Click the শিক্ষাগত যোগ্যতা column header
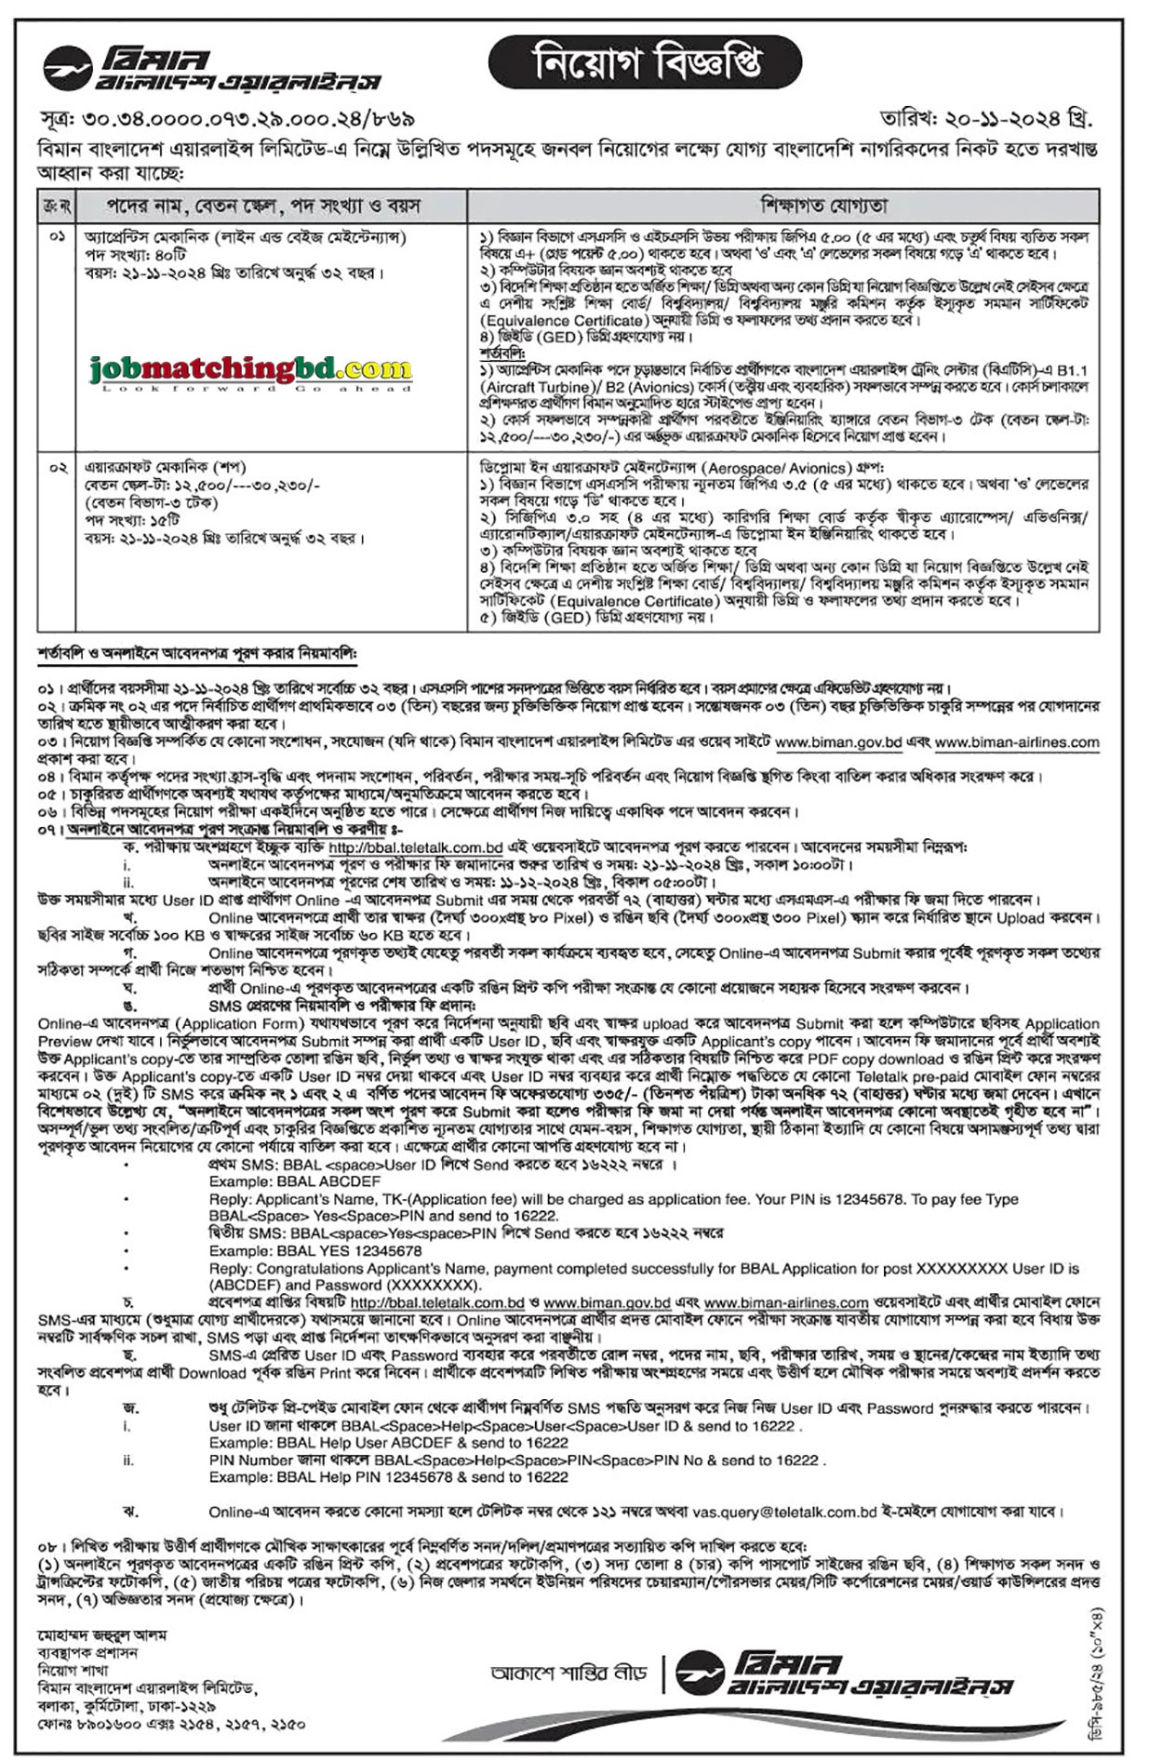[782, 205]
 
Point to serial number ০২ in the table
[57, 468]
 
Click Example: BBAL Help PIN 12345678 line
[388, 1476]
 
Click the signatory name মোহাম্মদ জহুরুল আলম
[101, 1635]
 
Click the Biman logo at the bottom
[842, 1673]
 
